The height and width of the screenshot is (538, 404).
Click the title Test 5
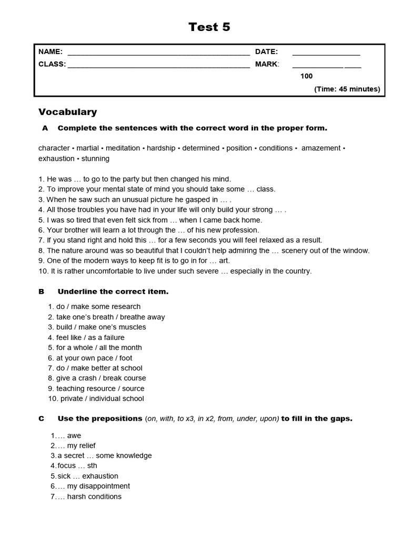pos(209,27)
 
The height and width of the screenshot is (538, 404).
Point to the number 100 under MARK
pos(306,76)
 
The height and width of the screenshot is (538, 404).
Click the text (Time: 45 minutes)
pos(347,89)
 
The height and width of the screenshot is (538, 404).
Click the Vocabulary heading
pos(68,112)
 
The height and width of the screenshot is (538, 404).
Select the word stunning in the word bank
pos(95,159)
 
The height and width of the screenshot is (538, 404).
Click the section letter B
pos(41,292)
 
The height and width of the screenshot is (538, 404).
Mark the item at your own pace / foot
pos(95,358)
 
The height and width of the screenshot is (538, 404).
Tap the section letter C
pos(41,419)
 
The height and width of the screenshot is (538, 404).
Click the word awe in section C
pos(74,436)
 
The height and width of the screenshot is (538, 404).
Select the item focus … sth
pos(74,466)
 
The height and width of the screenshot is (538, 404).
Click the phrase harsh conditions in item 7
pos(94,496)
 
